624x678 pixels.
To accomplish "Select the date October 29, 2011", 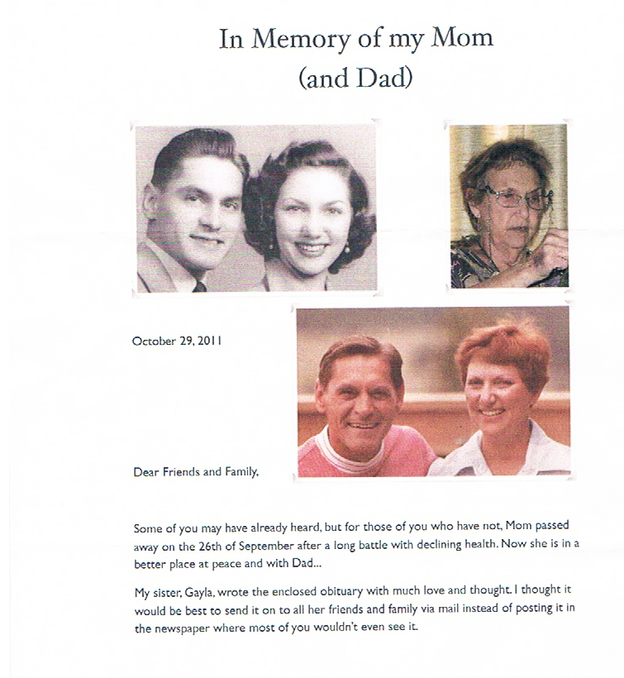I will [177, 340].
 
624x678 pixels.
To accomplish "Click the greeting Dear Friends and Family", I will [197, 472].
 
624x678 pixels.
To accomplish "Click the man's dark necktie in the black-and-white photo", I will [199, 286].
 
